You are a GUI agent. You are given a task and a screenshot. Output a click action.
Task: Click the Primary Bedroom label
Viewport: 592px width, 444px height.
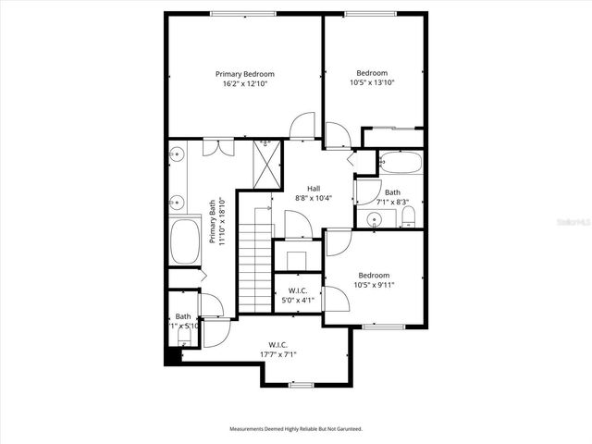tap(245, 74)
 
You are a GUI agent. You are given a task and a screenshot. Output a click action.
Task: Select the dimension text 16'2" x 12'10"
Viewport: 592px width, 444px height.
tap(245, 84)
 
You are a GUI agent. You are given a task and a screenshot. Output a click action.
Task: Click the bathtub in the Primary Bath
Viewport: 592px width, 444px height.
tap(185, 242)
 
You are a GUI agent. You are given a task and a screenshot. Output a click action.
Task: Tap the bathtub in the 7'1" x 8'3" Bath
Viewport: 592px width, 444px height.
tap(399, 163)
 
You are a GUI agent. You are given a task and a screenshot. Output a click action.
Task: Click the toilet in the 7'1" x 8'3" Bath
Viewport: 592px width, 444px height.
tap(407, 217)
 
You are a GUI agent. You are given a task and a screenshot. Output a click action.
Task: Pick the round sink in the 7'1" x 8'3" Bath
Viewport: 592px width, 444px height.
tap(374, 219)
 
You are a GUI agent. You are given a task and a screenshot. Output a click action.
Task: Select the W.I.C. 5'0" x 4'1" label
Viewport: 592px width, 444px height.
tap(298, 295)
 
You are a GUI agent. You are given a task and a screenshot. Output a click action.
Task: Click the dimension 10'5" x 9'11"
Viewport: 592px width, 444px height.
tap(374, 285)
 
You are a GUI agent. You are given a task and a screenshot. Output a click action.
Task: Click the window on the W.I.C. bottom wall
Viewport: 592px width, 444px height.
tap(301, 384)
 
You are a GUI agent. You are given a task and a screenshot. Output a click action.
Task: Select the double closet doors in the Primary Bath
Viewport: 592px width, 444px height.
tap(218, 146)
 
